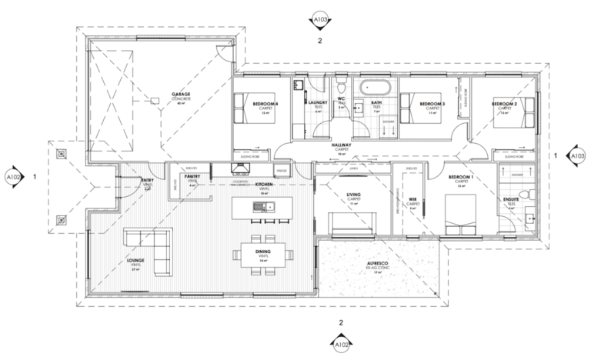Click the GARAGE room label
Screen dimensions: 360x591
click(x=181, y=95)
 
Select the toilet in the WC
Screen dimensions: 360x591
click(x=343, y=84)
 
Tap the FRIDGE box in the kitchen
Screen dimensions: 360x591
click(x=281, y=169)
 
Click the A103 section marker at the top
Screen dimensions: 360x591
click(x=320, y=17)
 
